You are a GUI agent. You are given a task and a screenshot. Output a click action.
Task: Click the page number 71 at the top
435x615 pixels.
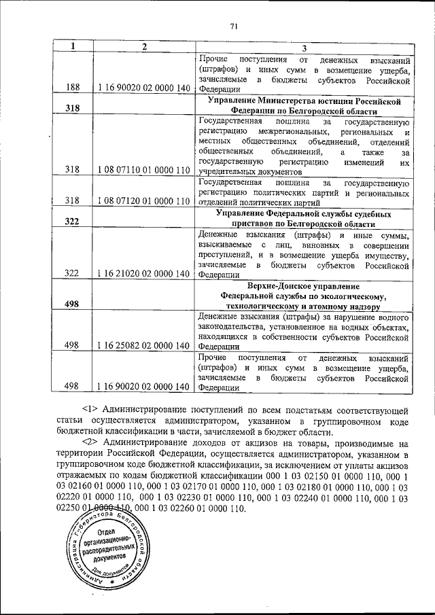point(233,27)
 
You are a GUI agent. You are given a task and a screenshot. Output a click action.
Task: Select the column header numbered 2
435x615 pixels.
point(143,47)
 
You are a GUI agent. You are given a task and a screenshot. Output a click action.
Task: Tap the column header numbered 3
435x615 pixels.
point(304,48)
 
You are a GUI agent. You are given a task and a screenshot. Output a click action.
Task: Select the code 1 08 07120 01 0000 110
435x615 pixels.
point(143,200)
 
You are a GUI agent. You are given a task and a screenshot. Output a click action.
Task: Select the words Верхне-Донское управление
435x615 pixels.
point(304,286)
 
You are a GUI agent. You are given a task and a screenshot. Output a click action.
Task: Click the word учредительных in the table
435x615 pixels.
point(229,172)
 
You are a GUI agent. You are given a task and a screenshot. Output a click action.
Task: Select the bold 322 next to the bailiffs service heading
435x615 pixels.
point(71,221)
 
